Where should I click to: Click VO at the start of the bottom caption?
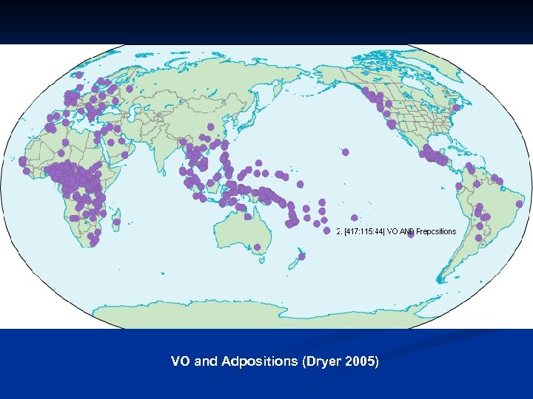click(179, 362)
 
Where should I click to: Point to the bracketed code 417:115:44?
click(364, 231)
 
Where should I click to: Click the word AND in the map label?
click(406, 231)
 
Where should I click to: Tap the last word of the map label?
click(436, 231)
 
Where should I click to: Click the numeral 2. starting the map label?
click(339, 231)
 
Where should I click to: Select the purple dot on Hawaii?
click(346, 152)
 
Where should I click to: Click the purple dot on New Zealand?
click(302, 257)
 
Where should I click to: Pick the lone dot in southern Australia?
click(257, 247)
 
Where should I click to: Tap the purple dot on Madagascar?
click(117, 222)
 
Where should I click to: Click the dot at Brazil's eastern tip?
click(519, 203)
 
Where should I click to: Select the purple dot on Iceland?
click(79, 75)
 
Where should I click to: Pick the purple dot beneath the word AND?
click(410, 236)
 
